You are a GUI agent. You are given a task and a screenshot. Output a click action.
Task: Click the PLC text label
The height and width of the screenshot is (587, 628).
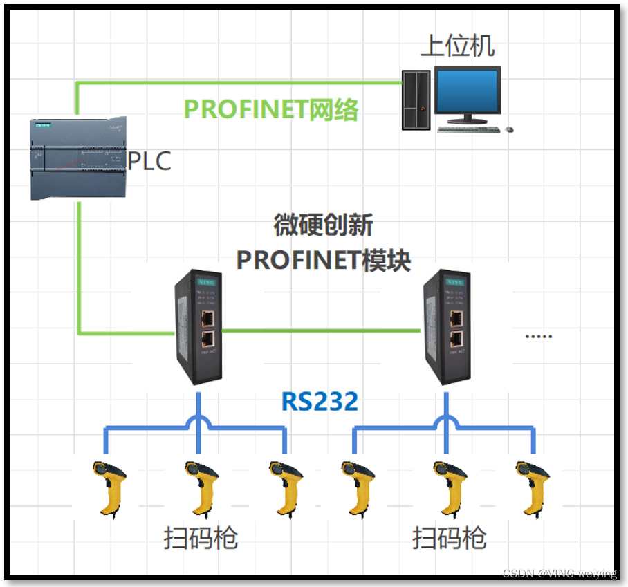click(150, 160)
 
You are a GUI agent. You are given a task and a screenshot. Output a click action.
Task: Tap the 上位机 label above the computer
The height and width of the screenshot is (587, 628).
click(458, 46)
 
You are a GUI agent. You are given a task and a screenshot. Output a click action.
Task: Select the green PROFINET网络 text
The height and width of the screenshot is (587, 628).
click(270, 109)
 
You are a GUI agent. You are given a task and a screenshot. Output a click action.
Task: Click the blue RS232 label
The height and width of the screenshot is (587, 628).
click(320, 401)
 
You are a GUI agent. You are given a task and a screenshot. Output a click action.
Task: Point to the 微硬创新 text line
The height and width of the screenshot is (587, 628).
click(323, 225)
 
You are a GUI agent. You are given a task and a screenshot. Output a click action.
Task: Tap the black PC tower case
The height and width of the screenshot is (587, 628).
click(416, 100)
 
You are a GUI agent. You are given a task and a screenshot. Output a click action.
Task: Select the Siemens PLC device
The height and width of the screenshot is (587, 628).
click(78, 158)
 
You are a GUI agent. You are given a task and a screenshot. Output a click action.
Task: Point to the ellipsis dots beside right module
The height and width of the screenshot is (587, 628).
click(538, 336)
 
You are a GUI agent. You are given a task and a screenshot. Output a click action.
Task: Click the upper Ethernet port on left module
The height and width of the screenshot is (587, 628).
click(208, 318)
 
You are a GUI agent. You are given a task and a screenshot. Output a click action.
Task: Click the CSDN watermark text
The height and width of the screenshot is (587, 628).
click(559, 574)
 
